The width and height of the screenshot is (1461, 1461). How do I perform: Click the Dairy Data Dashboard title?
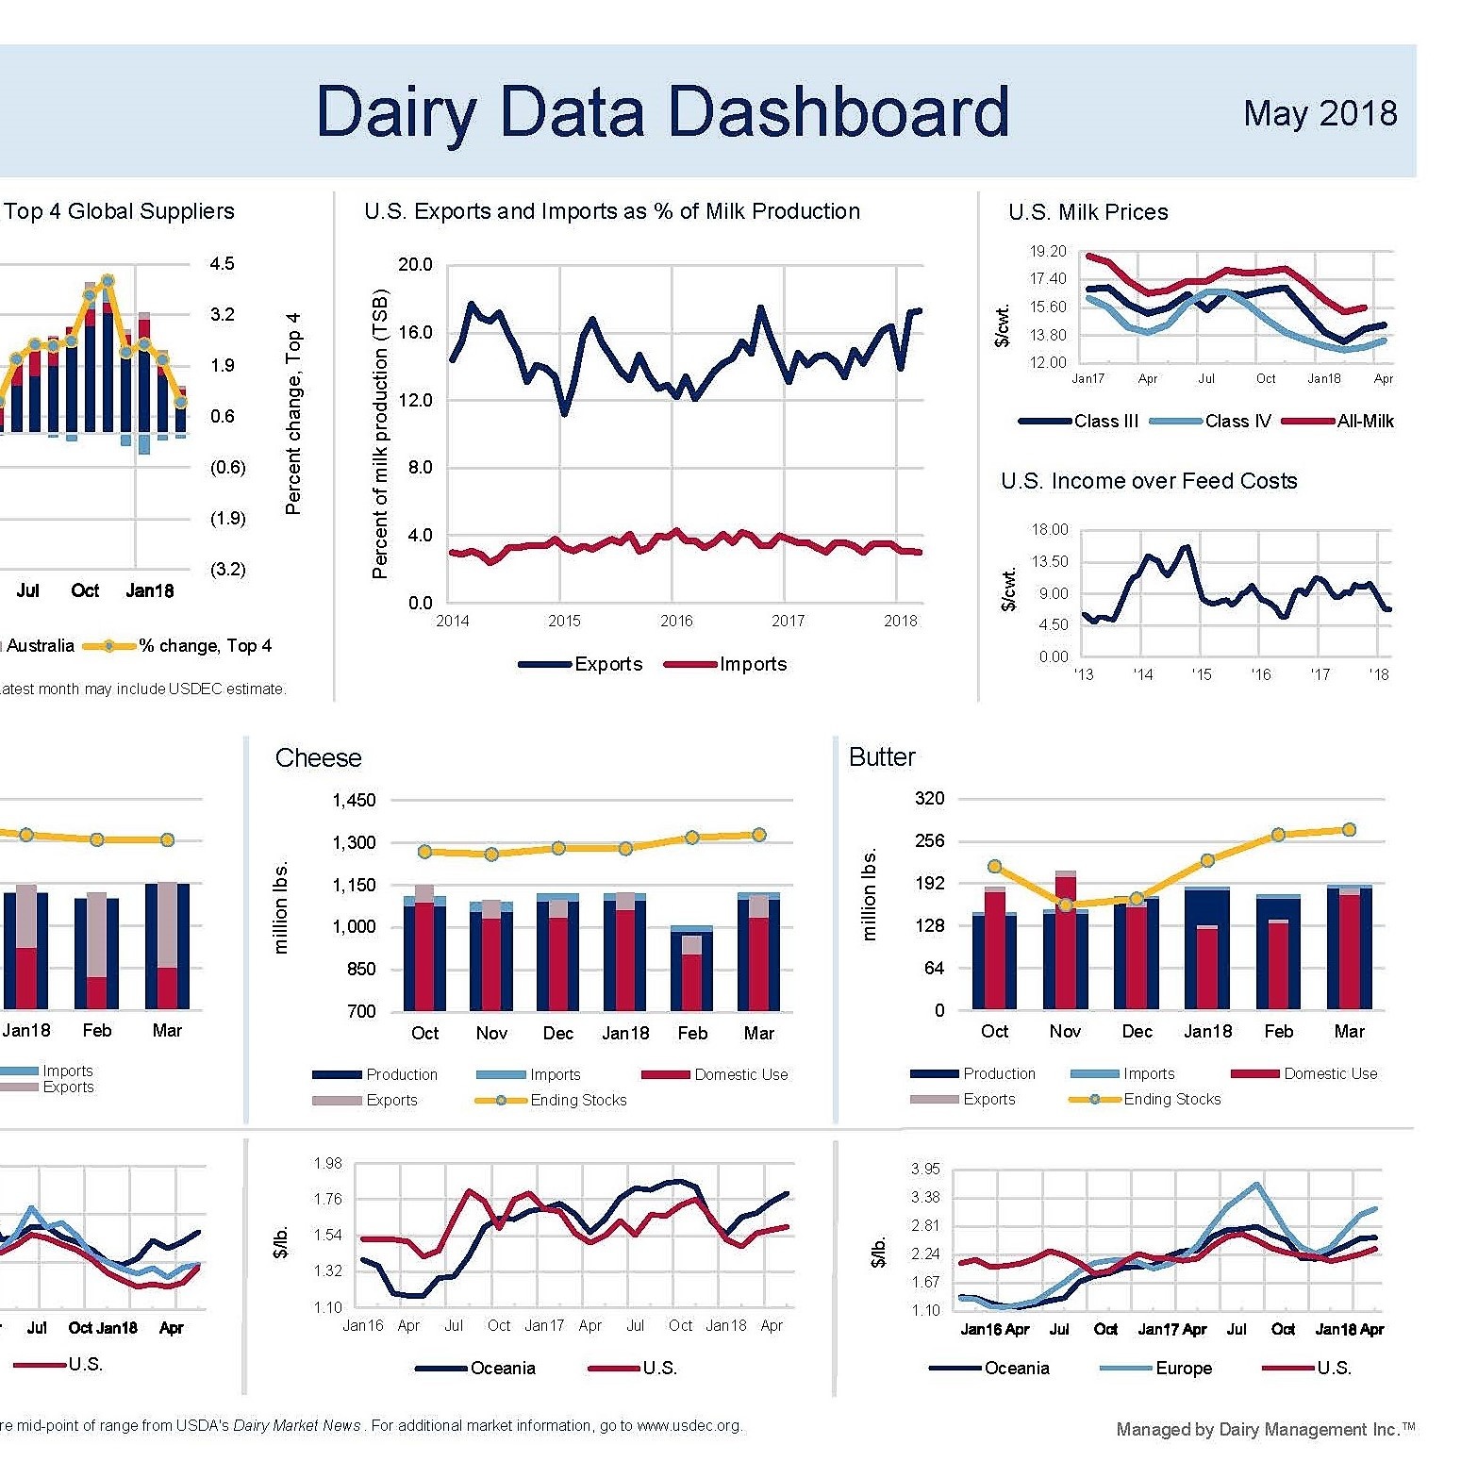pos(662,112)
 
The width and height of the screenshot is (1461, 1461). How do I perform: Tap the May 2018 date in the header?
pos(1320,113)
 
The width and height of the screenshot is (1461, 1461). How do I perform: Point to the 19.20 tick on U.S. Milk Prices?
pos(1048,251)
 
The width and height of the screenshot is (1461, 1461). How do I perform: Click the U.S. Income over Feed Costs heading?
pos(1149,481)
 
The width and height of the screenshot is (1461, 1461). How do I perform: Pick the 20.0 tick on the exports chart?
pos(415,264)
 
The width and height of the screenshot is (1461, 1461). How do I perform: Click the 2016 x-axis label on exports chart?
pos(676,621)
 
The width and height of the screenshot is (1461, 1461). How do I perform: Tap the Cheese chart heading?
pos(318,757)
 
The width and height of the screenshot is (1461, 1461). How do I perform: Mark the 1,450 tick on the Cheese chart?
pos(354,800)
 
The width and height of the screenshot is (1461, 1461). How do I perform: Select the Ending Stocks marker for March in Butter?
pos(1349,830)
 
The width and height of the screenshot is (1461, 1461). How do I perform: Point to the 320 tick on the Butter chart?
pos(929,799)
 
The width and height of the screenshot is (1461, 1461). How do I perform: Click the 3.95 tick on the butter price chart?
pos(925,1169)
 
